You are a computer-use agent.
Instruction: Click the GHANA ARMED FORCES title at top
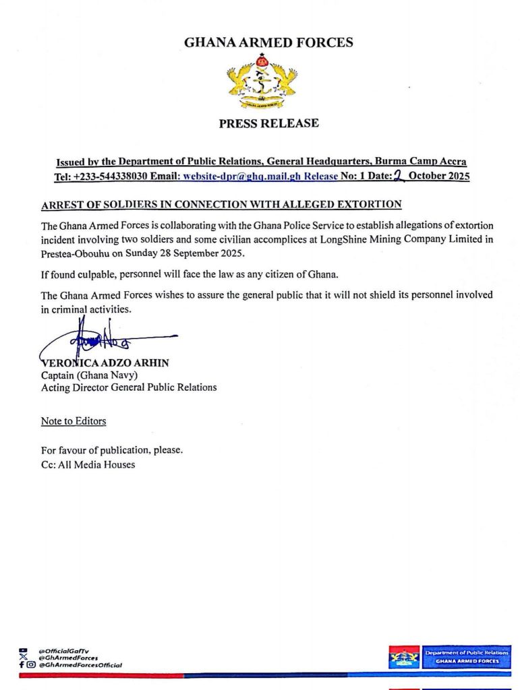[x=268, y=43]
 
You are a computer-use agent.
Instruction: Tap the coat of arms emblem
[x=262, y=84]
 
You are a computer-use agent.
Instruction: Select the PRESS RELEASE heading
[x=268, y=123]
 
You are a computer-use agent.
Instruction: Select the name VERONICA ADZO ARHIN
[x=105, y=363]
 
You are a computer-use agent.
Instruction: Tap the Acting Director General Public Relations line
[x=129, y=387]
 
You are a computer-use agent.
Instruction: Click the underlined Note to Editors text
[x=74, y=421]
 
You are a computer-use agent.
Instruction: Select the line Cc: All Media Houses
[x=88, y=464]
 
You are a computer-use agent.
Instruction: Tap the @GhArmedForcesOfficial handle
[x=80, y=665]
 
